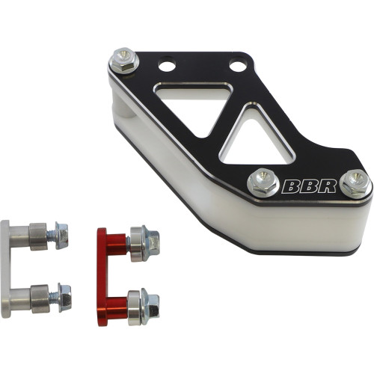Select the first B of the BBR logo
[x=289, y=185]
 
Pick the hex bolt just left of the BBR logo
[x=261, y=180]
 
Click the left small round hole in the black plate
[x=167, y=66]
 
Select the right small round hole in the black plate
[x=237, y=67]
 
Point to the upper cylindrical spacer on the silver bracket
[x=37, y=237]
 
